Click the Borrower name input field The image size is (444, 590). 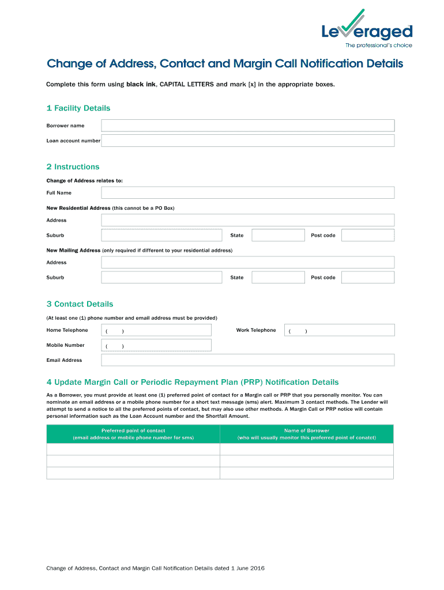coord(247,126)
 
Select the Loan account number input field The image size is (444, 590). coord(247,141)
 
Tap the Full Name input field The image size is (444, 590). coord(247,193)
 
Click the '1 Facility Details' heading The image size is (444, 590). coord(78,108)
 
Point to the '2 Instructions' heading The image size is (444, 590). coord(73,167)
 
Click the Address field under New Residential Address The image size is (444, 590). coord(247,220)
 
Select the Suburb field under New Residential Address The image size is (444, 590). coord(161,235)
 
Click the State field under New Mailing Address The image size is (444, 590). coord(278,278)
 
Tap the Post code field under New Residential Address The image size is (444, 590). coord(367,235)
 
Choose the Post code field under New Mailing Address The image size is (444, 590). coord(367,278)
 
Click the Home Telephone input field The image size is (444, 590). coord(156,330)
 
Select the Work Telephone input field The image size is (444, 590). coord(341,330)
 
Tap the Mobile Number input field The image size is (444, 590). coord(156,345)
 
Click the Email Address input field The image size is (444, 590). coord(247,360)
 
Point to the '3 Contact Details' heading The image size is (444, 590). coord(80,304)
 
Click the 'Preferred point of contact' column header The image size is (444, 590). coord(133,434)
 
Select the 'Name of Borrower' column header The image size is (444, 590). coord(306,434)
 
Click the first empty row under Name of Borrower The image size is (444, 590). coord(306,449)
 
